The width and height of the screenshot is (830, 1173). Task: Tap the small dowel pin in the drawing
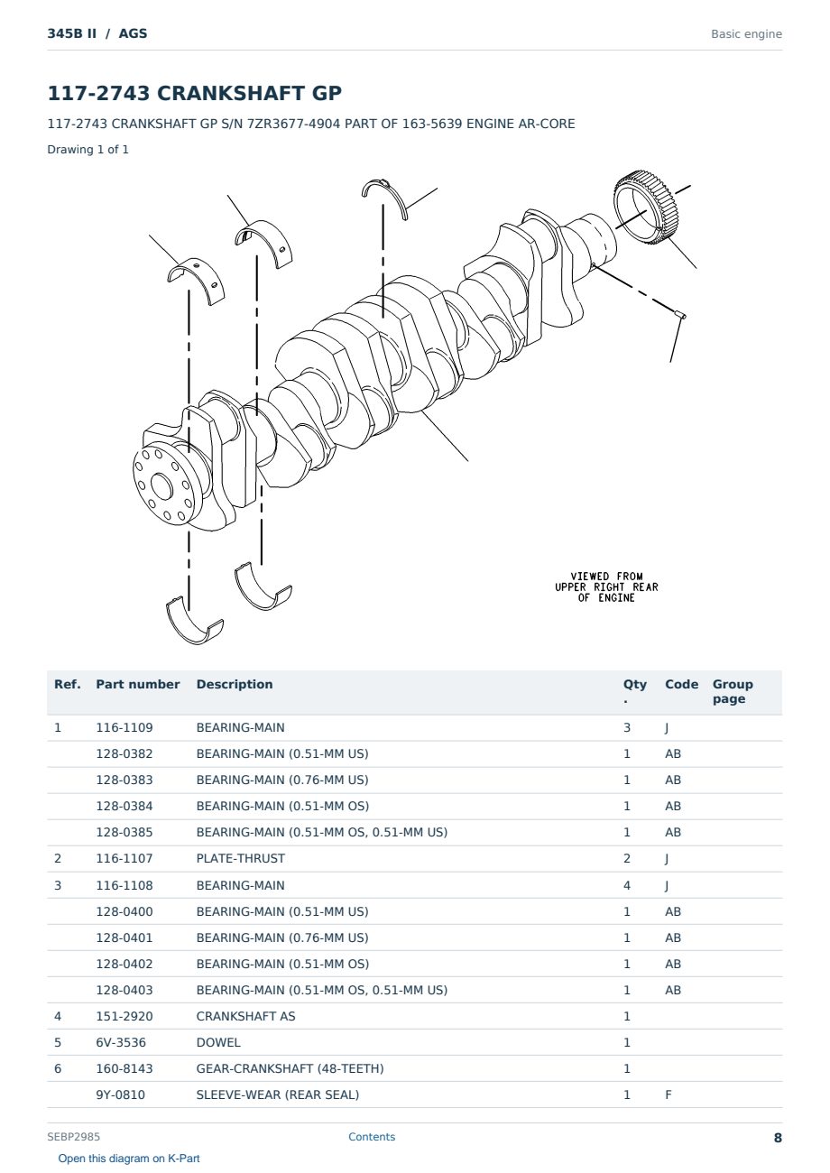680,315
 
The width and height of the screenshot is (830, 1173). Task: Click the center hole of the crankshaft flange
161,487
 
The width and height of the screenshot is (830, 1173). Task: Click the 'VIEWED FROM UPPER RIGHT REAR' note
606,587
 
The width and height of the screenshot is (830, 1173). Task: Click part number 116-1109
124,727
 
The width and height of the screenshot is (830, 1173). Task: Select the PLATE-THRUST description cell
240,858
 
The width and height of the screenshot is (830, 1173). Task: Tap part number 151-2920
124,1016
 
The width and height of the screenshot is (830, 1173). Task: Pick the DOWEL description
218,1042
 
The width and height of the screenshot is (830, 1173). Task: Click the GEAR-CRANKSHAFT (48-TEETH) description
290,1068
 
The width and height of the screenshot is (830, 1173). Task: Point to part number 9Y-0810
121,1094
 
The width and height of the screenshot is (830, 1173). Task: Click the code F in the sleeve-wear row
669,1094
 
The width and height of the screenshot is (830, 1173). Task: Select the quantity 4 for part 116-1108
627,885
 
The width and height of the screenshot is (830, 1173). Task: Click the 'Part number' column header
138,684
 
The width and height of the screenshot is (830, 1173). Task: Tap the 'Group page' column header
733,691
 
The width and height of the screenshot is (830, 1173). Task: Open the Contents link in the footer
372,1136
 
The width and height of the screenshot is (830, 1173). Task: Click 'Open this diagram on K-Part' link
129,1158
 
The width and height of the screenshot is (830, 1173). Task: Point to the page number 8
778,1138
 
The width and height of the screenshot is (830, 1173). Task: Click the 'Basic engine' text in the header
746,34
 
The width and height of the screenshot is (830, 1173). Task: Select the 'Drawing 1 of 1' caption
88,149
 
